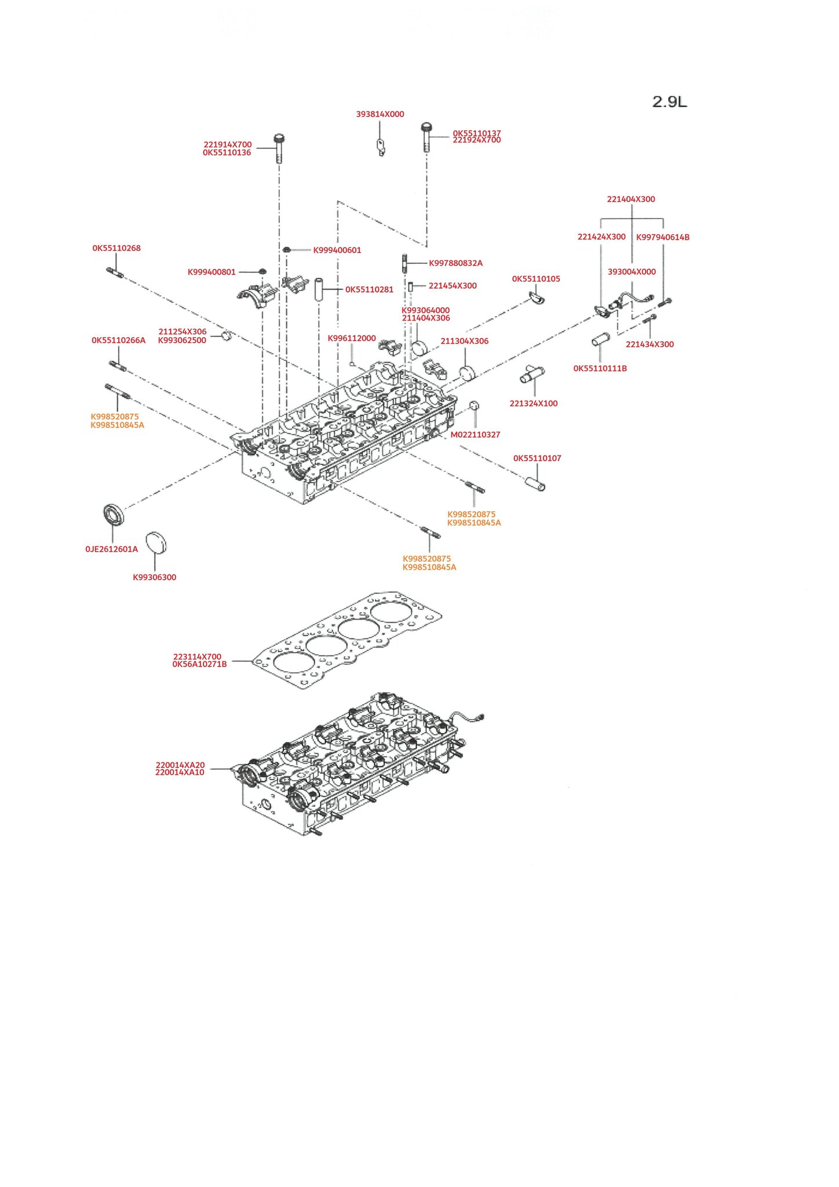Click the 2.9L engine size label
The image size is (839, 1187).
click(x=669, y=102)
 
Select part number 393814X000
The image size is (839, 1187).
click(x=380, y=114)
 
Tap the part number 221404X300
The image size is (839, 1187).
click(x=631, y=199)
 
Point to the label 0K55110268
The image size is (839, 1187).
click(x=116, y=248)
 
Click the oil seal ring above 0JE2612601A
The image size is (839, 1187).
click(x=114, y=515)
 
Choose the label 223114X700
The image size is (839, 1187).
click(x=197, y=657)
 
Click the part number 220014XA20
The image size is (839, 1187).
click(x=180, y=765)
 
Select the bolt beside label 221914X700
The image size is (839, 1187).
click(x=279, y=148)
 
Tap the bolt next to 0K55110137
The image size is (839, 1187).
click(x=427, y=137)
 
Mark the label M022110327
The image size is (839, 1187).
click(x=475, y=435)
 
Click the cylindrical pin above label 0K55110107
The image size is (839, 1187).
click(x=535, y=483)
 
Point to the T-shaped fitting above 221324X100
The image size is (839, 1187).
click(x=532, y=374)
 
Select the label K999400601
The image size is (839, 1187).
click(x=337, y=250)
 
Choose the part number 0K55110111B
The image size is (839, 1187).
click(x=600, y=369)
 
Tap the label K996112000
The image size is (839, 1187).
click(x=352, y=338)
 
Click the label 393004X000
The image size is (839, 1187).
click(x=632, y=272)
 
